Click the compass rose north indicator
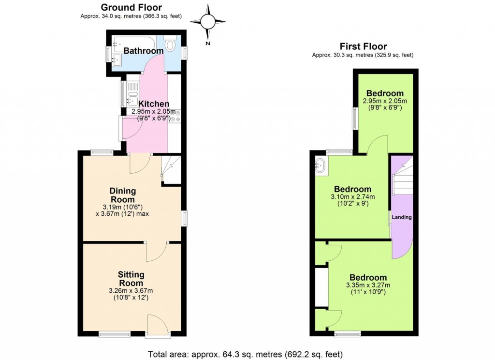(x=208, y=22)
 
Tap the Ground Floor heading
(x=131, y=7)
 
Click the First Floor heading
(x=363, y=46)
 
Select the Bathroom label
(x=144, y=51)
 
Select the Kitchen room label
(x=154, y=104)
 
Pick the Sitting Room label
(x=131, y=279)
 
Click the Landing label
(x=402, y=217)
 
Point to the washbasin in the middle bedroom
(x=320, y=165)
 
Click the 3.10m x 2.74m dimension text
(x=352, y=197)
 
